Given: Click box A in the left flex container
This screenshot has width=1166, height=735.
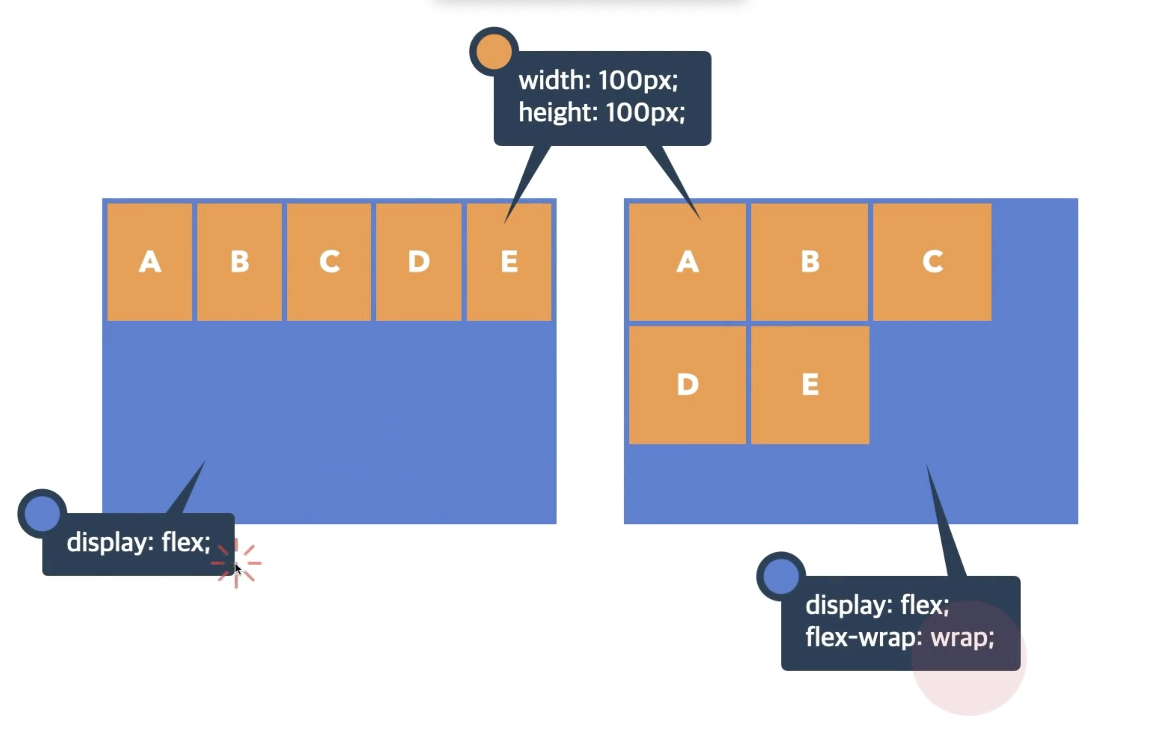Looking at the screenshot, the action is click(150, 262).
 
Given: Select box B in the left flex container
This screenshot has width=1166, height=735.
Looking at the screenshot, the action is click(239, 262).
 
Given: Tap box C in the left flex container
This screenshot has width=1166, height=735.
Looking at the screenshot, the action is click(329, 262).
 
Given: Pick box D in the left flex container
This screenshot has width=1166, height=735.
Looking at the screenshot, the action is click(419, 262).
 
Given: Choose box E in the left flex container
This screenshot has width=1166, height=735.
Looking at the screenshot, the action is click(509, 262).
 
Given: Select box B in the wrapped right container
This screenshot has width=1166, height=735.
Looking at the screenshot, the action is click(810, 262).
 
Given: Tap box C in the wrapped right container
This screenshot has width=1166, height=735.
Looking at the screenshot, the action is click(932, 262).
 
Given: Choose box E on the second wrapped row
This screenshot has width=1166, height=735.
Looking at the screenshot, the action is click(810, 385).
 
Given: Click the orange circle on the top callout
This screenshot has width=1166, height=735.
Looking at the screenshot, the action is click(494, 51).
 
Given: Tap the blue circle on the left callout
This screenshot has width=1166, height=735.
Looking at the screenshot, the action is click(42, 513).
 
